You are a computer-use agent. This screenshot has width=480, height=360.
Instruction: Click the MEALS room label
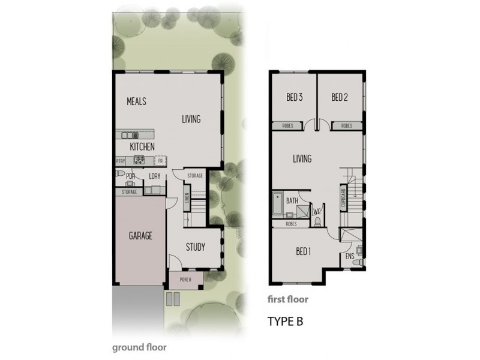pos(136,101)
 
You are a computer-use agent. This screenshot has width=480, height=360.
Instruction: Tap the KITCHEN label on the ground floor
pos(142,146)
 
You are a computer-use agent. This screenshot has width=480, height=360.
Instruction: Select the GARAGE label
pos(140,236)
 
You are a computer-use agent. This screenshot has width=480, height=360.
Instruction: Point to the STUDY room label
pos(195,247)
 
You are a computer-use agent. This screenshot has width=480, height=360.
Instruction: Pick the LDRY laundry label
pos(155,176)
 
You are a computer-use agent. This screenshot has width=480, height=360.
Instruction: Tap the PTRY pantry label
pos(120,161)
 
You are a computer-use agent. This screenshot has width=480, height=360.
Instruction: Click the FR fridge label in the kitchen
pos(160,161)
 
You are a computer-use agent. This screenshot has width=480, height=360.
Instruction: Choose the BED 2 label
pos(340,97)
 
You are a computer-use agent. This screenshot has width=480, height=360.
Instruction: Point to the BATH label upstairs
pos(292,201)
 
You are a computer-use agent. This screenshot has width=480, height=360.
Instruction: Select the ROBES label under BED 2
pos(347,126)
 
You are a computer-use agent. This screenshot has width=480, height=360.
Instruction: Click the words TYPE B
pos(285,321)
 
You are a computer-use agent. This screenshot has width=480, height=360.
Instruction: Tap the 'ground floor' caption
pos(139,347)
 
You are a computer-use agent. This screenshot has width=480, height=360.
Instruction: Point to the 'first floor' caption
pos(290,299)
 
